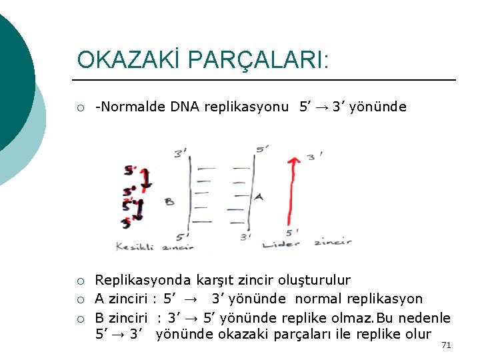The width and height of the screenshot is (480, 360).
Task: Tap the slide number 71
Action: tap(447, 345)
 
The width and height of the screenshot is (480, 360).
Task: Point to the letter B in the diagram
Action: tap(169, 201)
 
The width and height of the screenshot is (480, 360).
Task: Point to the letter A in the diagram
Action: tap(259, 197)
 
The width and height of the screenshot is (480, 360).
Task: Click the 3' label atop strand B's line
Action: tap(181, 153)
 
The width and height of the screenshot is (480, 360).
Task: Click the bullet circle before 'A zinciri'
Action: tap(81, 299)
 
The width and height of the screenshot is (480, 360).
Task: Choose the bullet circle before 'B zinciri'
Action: tap(81, 318)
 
